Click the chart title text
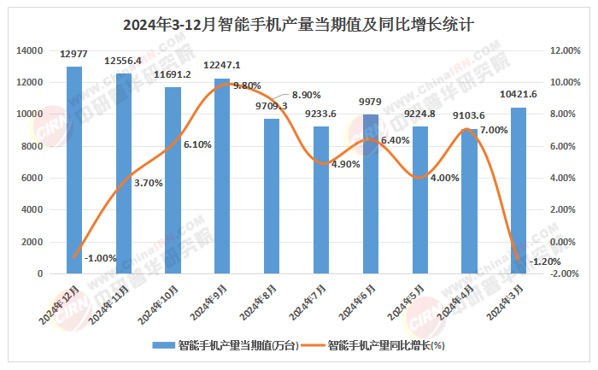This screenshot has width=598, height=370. tap(298, 25)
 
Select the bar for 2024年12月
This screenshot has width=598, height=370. tap(74, 171)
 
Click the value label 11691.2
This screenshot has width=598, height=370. tap(173, 75)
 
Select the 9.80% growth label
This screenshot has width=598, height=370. tap(246, 85)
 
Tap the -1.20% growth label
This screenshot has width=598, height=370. tap(546, 261)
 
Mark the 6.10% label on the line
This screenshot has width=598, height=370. tap(197, 144)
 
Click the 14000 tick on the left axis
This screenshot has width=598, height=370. tap(30, 51)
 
